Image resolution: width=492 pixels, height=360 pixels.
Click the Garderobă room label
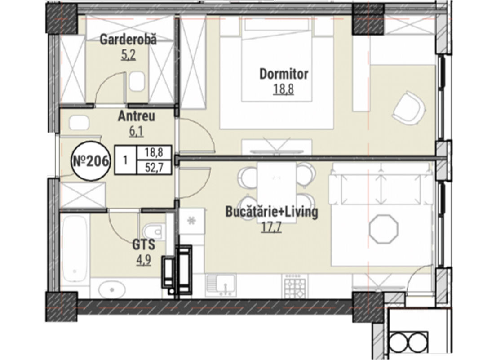tap(128, 40)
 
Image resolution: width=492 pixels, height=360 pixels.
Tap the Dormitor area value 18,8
tap(284, 89)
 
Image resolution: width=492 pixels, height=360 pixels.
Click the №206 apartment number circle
tap(91, 162)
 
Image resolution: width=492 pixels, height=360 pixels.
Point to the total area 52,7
tap(155, 169)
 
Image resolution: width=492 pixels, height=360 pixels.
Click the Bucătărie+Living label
tap(272, 212)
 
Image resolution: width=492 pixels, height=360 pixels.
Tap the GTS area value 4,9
tap(143, 260)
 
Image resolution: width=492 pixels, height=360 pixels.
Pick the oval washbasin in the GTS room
tap(112, 288)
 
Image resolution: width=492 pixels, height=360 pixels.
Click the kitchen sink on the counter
tap(221, 285)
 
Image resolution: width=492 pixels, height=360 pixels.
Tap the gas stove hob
tap(295, 285)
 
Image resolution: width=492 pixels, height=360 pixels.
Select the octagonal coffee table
tap(384, 229)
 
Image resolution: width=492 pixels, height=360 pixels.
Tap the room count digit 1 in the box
tap(125, 160)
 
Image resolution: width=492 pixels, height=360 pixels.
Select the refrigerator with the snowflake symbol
tap(192, 221)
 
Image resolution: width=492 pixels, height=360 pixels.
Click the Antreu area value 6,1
tap(136, 131)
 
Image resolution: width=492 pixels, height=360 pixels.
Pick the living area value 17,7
tap(271, 227)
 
